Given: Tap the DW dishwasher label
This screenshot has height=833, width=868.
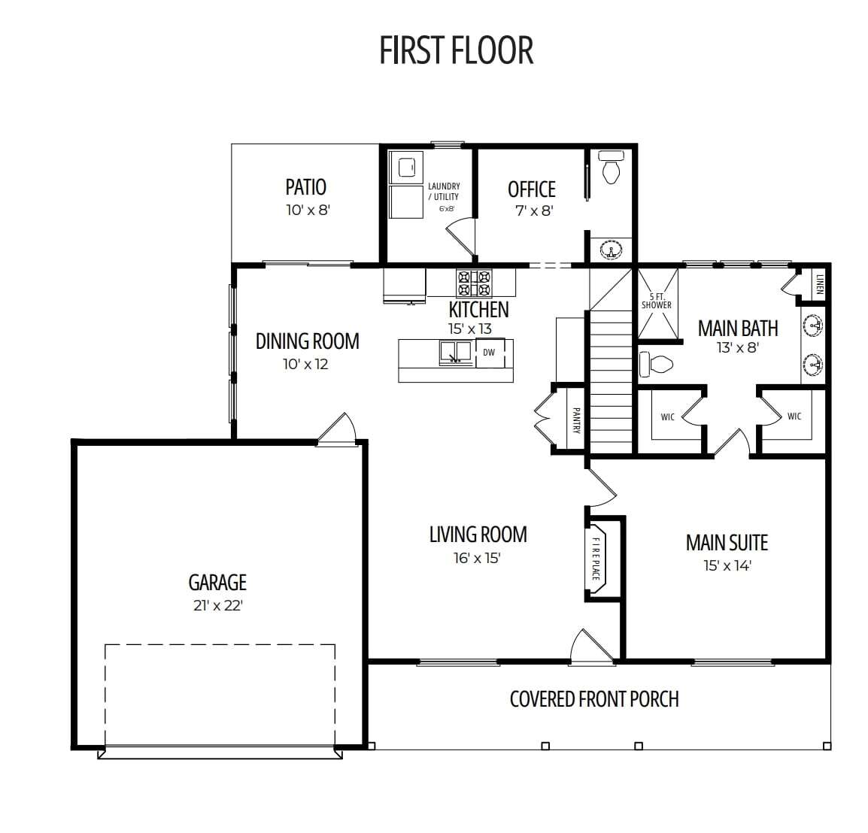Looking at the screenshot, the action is point(489,353).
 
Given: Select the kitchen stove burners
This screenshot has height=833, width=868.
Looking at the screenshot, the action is point(474,283).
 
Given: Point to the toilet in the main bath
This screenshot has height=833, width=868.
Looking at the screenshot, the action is point(656,364).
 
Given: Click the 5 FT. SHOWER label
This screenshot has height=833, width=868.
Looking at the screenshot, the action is point(657,301).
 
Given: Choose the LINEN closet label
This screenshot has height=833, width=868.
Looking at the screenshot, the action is point(820,284).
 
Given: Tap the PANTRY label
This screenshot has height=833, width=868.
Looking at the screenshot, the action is point(576,421).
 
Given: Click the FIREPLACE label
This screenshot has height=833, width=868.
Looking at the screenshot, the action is point(596,559).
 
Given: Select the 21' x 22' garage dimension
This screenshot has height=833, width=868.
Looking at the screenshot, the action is point(218,605).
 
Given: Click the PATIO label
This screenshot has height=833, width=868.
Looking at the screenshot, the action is point(305,187).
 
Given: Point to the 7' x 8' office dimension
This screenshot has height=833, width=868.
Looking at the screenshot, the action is point(535,211).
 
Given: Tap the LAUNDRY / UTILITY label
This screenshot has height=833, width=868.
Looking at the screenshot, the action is point(444,192).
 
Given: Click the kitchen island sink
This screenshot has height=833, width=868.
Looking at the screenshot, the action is point(456,353).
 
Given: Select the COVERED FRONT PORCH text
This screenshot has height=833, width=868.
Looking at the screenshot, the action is point(594,699).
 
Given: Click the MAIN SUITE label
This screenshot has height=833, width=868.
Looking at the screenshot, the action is point(727,543).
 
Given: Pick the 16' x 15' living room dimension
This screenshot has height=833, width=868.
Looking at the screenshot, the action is point(477,558).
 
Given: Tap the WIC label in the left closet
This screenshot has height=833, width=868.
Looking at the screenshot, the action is point(668,416).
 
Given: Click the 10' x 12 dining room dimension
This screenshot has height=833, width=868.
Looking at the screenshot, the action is point(305,364).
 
